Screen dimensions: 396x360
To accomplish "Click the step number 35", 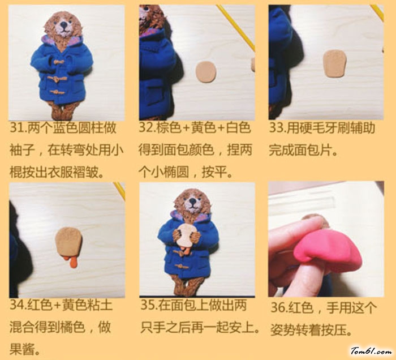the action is [147, 305].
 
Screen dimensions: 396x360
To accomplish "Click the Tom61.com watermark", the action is [371, 351].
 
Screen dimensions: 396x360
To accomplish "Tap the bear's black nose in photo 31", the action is [64, 24].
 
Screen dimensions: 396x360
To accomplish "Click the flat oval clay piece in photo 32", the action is [206, 72].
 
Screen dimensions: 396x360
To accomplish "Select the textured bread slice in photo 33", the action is [334, 63].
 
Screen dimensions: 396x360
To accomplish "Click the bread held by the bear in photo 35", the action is [187, 236].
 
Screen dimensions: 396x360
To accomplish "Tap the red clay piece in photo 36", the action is [328, 250].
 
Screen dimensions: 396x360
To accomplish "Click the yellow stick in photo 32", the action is [236, 27].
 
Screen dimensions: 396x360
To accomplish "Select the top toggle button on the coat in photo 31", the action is [58, 62].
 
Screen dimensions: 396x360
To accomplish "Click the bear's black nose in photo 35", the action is [193, 201].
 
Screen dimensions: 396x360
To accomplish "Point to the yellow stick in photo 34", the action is [119, 191].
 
